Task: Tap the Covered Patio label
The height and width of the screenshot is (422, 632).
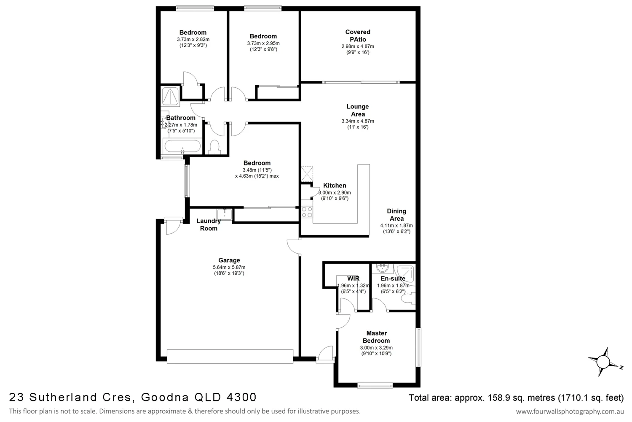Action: click(358, 35)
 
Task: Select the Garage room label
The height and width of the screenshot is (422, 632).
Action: click(229, 260)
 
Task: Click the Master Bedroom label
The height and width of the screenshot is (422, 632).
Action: click(376, 337)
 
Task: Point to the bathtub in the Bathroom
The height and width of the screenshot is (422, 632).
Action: click(182, 147)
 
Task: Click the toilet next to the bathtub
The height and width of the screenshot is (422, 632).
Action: click(214, 147)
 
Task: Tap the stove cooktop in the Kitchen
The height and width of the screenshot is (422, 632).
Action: click(307, 212)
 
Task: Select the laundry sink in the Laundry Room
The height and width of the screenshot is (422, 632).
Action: click(225, 214)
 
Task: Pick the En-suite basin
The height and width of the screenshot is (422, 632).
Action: click(383, 268)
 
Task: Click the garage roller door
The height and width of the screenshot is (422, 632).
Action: click(230, 356)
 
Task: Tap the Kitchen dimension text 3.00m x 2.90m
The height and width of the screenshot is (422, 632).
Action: click(335, 192)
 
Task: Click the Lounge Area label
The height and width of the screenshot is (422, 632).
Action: click(358, 111)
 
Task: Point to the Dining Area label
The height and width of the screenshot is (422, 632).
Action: click(396, 215)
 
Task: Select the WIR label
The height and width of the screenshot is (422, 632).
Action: click(353, 279)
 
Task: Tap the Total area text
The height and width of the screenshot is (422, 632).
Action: click(516, 398)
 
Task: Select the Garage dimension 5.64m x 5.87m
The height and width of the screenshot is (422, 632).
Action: click(229, 267)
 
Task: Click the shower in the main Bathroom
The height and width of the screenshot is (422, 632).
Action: click(171, 96)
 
